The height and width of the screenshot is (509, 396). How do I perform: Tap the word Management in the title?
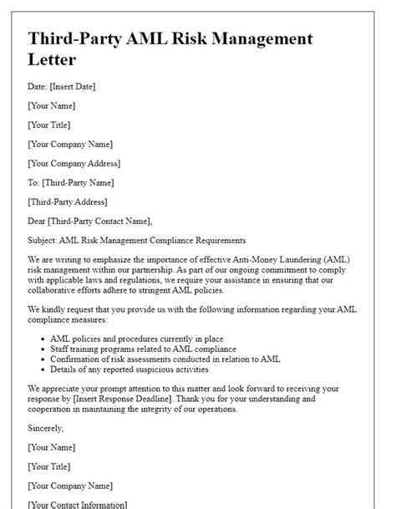coord(246,38)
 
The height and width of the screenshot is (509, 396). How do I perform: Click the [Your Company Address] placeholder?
coord(74,163)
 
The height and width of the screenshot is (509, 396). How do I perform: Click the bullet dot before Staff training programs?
coord(43,349)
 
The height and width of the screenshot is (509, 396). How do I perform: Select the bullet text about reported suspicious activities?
coord(129,369)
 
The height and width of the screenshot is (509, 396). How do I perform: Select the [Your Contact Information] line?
coord(78,504)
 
